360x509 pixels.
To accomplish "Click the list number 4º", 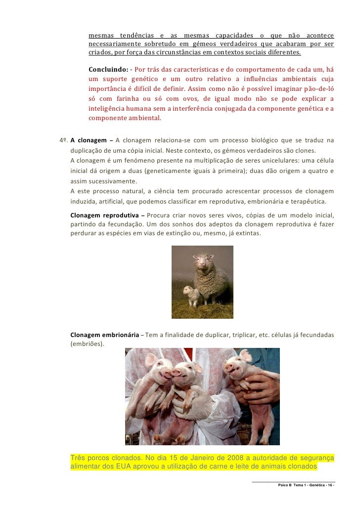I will click(x=63, y=140).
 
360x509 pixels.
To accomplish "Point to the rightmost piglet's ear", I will click(x=245, y=356).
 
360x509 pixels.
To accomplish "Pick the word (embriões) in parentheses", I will click(x=87, y=343).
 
